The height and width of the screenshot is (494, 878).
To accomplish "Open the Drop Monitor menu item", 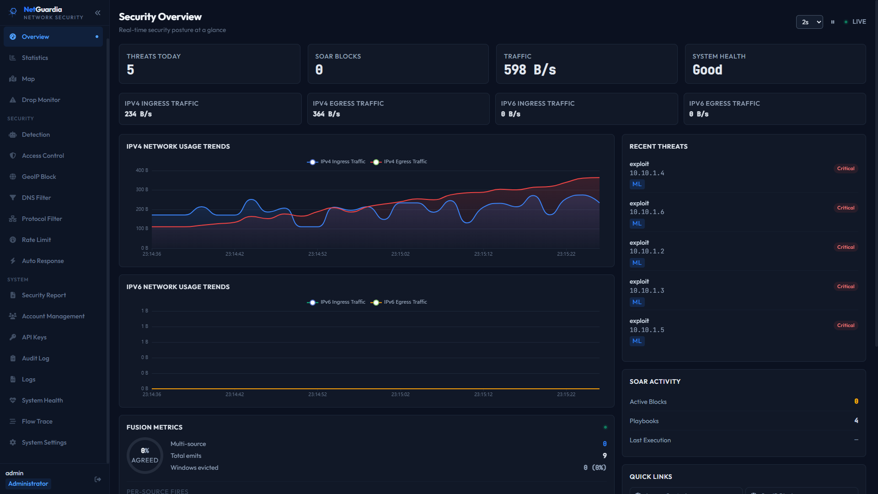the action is point(41,100).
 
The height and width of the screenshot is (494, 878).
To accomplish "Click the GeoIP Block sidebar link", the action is point(39,177).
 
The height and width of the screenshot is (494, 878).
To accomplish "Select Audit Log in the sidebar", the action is point(35,358).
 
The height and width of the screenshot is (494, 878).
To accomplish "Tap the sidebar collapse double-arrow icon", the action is point(97,13).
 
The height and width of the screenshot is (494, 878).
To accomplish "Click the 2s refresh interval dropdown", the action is point(809,22).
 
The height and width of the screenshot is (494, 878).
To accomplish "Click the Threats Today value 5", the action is point(130,70).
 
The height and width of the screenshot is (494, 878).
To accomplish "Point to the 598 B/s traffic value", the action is point(530,70).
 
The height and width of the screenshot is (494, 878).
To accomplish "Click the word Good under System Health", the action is point(707,70).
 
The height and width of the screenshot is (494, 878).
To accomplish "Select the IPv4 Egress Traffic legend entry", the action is point(399,162).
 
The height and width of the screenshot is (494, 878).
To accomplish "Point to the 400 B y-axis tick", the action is point(142,170).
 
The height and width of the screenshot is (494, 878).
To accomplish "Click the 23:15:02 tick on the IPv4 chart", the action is point(400,254).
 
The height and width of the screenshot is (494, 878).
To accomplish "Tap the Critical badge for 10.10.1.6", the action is point(846,208).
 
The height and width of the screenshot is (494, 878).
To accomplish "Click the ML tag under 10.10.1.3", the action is point(637,302).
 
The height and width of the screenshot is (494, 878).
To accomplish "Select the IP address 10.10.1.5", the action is point(647,330).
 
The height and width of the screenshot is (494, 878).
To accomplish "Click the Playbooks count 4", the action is point(856,421).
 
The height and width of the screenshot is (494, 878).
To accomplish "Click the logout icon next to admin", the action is point(98,479).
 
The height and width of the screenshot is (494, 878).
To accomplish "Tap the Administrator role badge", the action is point(28,484).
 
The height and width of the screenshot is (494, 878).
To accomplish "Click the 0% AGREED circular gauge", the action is point(145,456).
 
